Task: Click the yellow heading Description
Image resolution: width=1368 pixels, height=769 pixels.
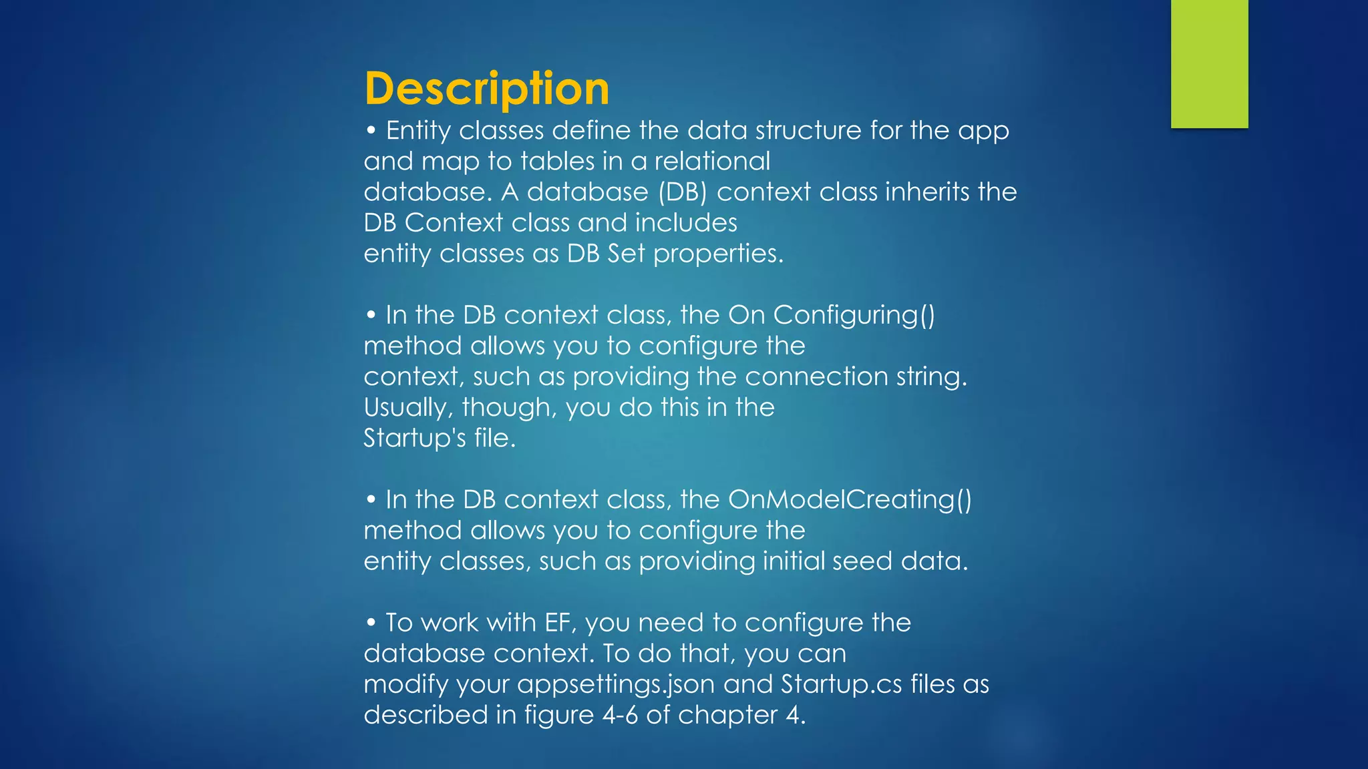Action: [486, 89]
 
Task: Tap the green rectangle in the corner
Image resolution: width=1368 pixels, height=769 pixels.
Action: [1209, 63]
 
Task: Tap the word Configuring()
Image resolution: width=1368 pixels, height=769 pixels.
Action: [854, 315]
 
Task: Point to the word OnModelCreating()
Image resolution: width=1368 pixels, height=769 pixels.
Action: [850, 499]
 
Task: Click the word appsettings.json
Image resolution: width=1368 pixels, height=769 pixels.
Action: [616, 684]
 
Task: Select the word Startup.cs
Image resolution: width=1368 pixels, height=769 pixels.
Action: [842, 684]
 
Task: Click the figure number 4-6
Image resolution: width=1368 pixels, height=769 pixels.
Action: [621, 715]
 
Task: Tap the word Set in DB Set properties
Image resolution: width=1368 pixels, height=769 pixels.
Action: [627, 254]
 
